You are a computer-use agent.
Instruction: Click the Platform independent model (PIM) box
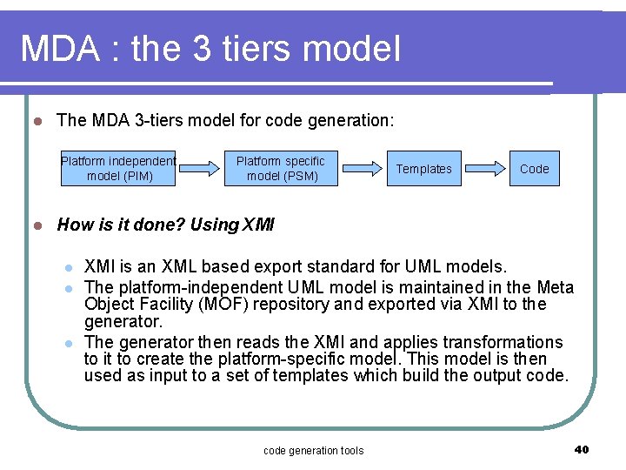(x=118, y=169)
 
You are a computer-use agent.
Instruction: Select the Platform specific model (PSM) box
(x=281, y=169)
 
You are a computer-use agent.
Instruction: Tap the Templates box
(x=423, y=169)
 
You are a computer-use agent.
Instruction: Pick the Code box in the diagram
(x=534, y=169)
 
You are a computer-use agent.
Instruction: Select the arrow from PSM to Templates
(x=362, y=169)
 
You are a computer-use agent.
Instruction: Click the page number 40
(x=582, y=449)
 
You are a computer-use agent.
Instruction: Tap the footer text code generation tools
(x=313, y=450)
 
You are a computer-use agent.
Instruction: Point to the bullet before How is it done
(x=36, y=225)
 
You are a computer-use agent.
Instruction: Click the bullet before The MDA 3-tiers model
(x=36, y=121)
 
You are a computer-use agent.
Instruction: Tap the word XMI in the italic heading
(x=258, y=225)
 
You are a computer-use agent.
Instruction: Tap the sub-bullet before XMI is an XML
(x=69, y=266)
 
